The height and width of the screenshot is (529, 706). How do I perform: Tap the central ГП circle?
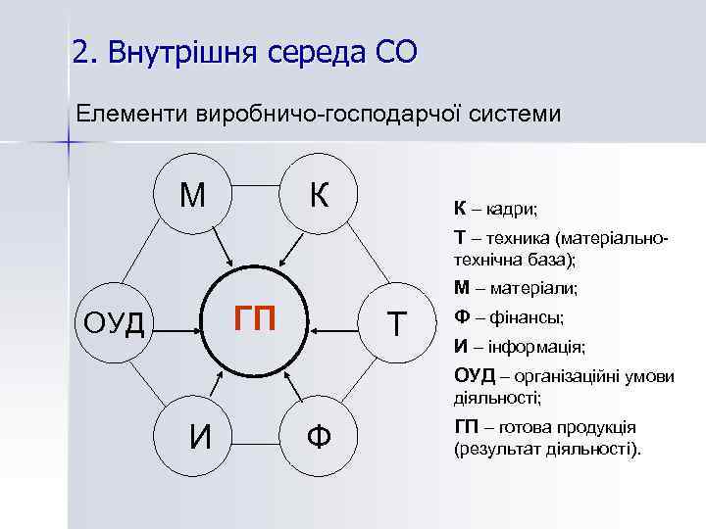pyautogui.click(x=255, y=320)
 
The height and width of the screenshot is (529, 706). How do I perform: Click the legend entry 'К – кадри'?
pyautogui.click(x=495, y=209)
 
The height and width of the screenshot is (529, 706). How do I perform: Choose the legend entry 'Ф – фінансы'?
pyautogui.click(x=508, y=317)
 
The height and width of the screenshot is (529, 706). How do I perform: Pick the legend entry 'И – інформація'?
pyautogui.click(x=519, y=347)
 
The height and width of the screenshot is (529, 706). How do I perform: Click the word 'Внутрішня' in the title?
pyautogui.click(x=202, y=51)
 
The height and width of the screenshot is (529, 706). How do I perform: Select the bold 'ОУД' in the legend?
pyautogui.click(x=475, y=377)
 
